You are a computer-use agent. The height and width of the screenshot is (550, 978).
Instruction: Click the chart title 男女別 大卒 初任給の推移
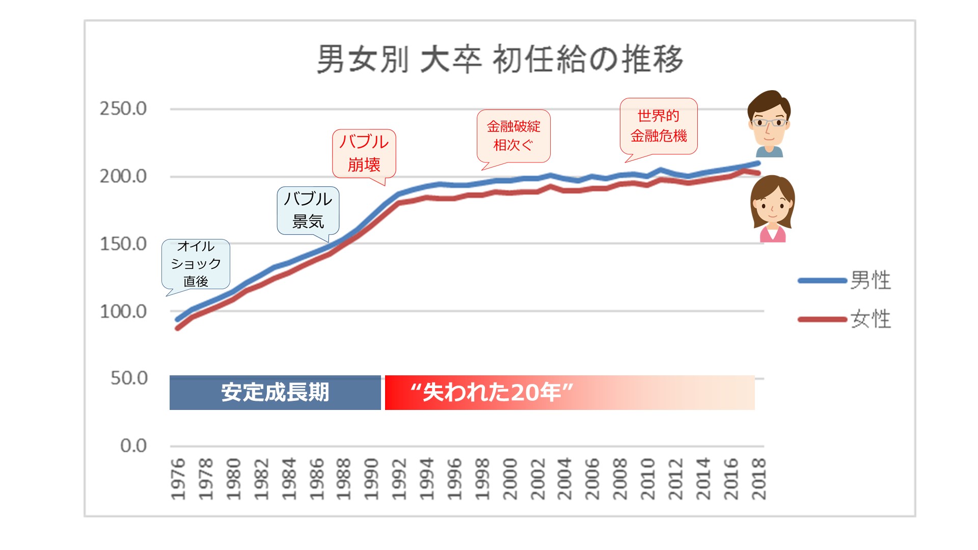500,60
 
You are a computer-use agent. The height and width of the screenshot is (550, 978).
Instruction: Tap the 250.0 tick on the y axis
123,108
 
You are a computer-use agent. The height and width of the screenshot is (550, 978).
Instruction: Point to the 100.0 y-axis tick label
123,311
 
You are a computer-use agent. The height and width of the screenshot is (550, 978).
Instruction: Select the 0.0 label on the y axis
133,446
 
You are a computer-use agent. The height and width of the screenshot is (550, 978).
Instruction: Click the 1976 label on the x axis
178,479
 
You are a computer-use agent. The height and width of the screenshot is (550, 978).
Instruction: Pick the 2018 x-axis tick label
758,479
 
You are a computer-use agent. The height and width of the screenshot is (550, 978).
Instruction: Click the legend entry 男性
871,281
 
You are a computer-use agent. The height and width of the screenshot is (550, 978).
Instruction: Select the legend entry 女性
871,319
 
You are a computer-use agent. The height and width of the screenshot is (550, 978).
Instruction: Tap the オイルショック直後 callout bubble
196,264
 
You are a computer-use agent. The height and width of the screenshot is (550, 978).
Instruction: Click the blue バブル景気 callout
308,210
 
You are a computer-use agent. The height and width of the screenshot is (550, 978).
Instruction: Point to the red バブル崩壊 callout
364,153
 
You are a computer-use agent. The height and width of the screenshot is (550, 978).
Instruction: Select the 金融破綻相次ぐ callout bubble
513,136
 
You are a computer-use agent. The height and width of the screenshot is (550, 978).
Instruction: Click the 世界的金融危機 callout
659,126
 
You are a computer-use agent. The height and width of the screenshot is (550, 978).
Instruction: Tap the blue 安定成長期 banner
275,393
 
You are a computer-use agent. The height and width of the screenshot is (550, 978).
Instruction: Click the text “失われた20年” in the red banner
492,393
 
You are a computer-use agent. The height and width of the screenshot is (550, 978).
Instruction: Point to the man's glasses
769,123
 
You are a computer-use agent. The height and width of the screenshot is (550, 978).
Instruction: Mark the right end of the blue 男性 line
758,163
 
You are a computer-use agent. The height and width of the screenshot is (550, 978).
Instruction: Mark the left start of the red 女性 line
177,328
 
